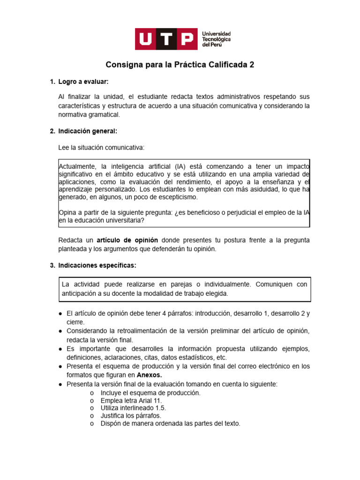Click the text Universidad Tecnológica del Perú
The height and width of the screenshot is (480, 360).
[216, 39]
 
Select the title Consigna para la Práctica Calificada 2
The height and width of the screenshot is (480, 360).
[180, 65]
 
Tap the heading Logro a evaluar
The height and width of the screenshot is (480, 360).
[83, 82]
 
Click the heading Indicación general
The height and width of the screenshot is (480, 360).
[87, 131]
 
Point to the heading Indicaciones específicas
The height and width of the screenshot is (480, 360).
[97, 265]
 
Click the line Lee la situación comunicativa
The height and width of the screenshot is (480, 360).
[102, 148]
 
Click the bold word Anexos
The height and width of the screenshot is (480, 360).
[150, 375]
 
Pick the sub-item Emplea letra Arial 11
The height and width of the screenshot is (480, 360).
[131, 401]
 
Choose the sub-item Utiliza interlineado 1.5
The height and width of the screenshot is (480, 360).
[133, 408]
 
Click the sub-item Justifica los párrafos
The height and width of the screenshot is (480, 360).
[131, 416]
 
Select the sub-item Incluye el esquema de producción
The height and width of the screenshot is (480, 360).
[150, 393]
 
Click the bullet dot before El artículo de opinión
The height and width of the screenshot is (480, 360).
[61, 314]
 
